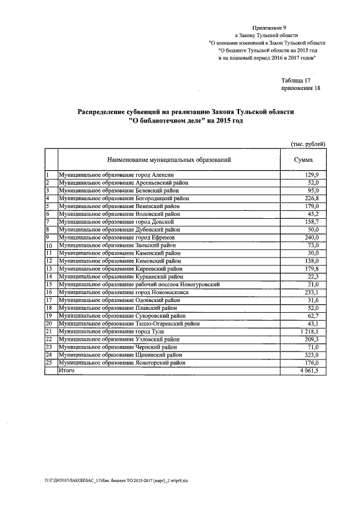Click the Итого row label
[x=67, y=371]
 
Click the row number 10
[x=49, y=246]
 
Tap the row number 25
[x=49, y=363]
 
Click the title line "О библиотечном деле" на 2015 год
[x=186, y=121]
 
